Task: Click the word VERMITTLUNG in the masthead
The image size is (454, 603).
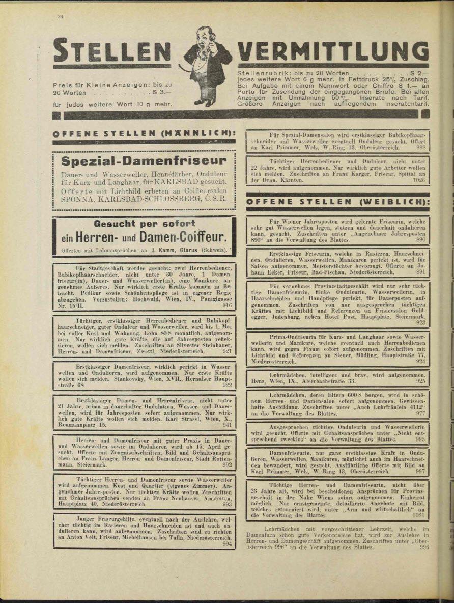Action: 333,51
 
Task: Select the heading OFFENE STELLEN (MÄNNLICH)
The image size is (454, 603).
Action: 144,134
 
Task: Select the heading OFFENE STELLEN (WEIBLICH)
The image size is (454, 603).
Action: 337,202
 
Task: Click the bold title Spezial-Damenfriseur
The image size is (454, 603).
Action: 144,161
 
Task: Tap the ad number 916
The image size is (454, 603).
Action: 227,305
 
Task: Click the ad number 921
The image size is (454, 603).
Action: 227,351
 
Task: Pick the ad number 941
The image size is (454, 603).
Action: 227,424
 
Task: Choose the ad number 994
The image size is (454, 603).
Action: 227,543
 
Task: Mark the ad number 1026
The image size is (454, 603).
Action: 419,180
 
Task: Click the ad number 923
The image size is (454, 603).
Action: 420,322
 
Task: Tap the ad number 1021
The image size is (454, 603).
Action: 418,515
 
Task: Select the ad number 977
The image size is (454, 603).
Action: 420,414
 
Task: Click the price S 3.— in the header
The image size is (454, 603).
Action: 159,93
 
